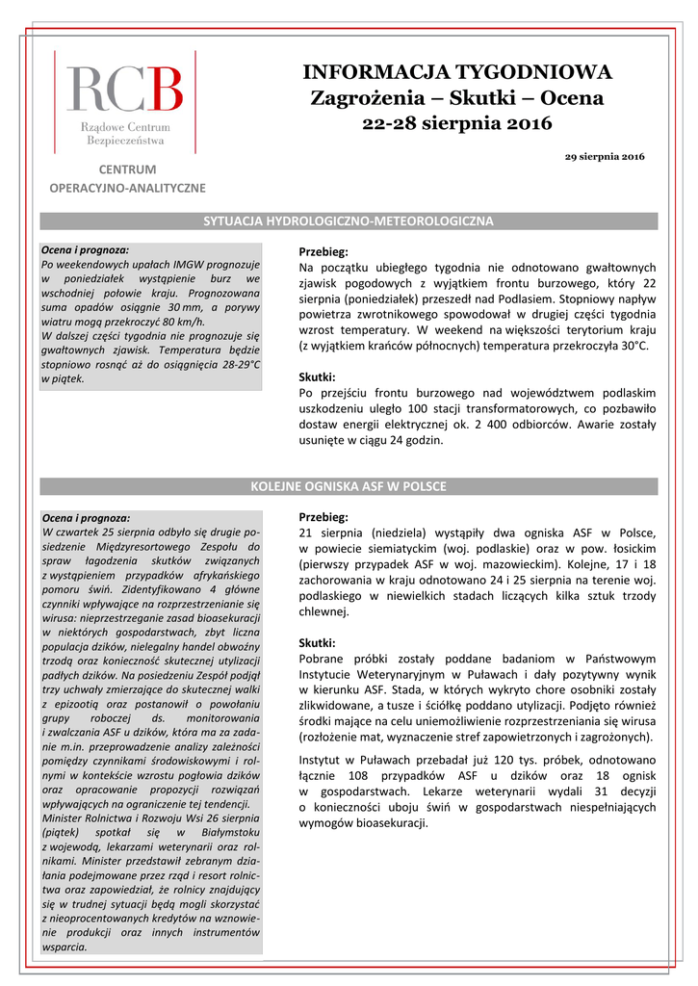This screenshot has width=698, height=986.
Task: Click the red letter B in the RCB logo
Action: (164, 89)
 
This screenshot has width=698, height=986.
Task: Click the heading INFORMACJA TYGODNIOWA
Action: (457, 72)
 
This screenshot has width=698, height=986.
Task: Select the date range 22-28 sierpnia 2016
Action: (457, 123)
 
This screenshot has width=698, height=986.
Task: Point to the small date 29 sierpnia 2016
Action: (605, 156)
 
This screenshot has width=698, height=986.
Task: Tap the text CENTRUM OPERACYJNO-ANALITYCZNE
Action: (127, 179)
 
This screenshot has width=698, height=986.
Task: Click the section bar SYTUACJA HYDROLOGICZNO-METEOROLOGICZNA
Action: (349, 221)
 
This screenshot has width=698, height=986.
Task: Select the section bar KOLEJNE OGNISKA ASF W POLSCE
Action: (349, 485)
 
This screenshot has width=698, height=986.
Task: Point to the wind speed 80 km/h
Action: (184, 321)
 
